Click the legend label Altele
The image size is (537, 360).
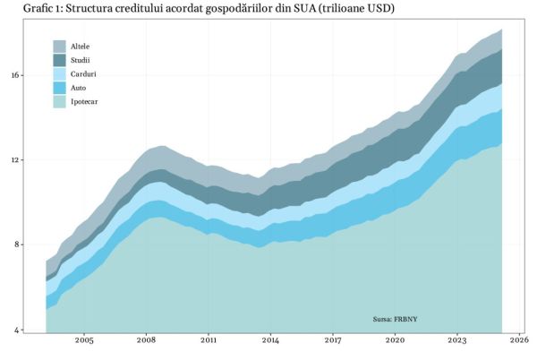[81, 46]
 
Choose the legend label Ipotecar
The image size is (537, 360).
[85, 102]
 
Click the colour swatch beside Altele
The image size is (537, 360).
[60, 46]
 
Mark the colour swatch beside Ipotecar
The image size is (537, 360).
[60, 102]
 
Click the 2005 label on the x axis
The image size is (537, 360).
[84, 341]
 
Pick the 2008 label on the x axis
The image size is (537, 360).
[146, 341]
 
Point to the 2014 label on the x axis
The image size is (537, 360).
[270, 341]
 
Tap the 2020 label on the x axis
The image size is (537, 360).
[395, 341]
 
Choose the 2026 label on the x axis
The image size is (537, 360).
[519, 341]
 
